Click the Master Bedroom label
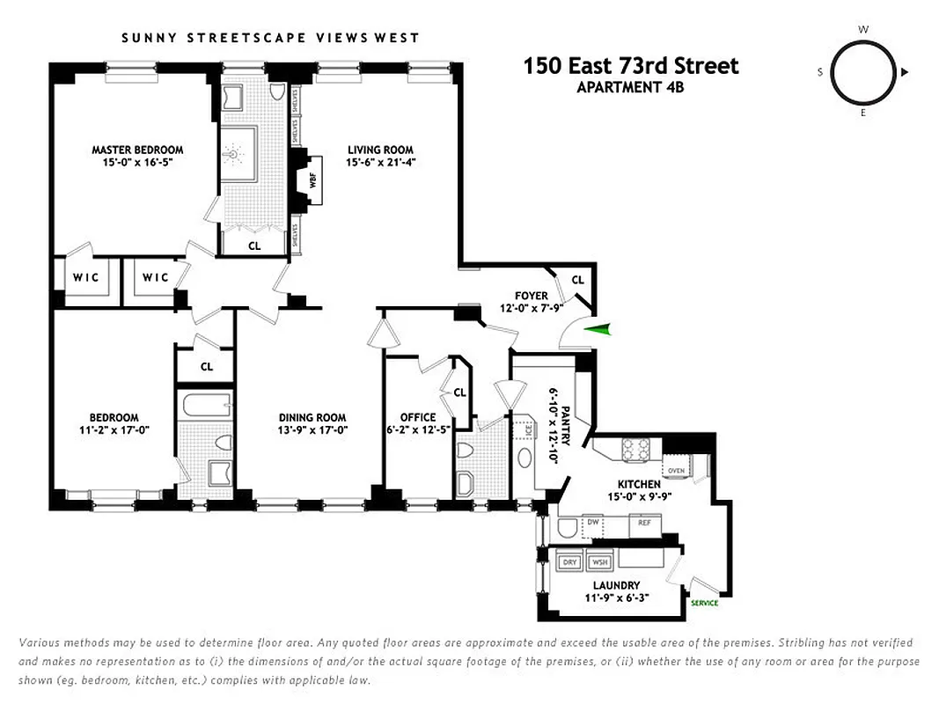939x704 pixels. coord(137,150)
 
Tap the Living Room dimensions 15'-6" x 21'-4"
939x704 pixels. coord(380,162)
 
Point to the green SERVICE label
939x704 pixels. coord(704,603)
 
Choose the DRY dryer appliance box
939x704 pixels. coord(569,561)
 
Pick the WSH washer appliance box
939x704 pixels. coord(599,561)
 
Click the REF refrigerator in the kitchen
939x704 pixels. coord(644,522)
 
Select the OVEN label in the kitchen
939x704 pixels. coord(677,471)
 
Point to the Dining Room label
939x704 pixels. coord(312,418)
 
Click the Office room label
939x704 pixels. coord(417,417)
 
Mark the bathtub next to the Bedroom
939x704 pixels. coord(205,407)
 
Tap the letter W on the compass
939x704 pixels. coord(863,29)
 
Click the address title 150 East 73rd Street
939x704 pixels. coord(631,66)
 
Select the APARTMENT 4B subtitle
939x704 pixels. coord(630,86)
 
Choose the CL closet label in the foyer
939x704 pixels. coord(577,280)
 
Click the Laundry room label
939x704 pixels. coord(616,585)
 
